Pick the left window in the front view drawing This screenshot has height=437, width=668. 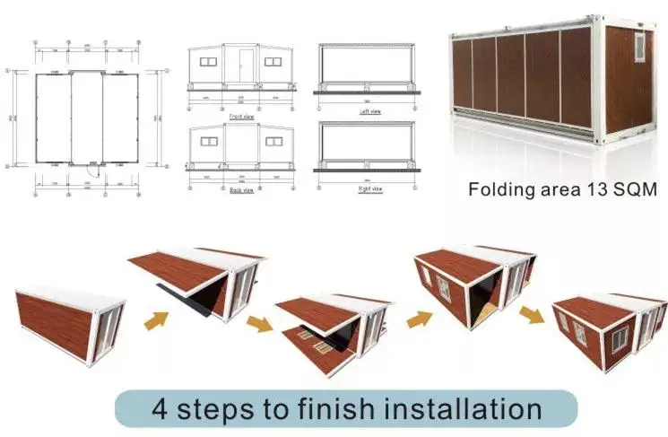point(208,62)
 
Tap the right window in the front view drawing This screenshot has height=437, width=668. point(274,62)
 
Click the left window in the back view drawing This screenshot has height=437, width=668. point(208,140)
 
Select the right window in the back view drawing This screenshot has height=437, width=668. point(276,140)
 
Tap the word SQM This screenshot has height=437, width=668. point(632,190)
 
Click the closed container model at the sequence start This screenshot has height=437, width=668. point(69,320)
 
